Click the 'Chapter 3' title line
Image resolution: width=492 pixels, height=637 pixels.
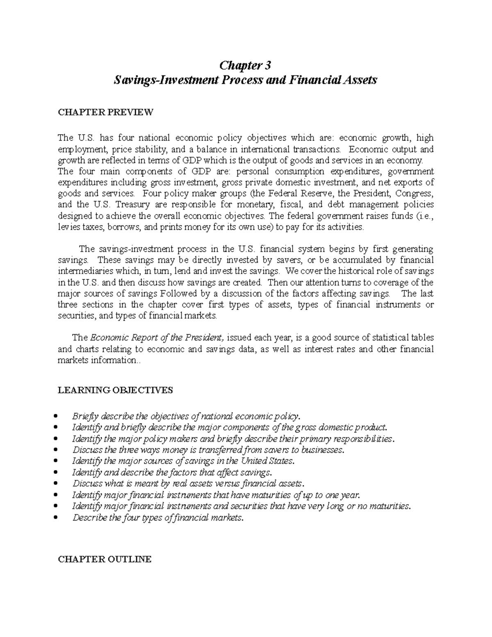(246, 65)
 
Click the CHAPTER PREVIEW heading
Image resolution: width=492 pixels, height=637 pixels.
(105, 112)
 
